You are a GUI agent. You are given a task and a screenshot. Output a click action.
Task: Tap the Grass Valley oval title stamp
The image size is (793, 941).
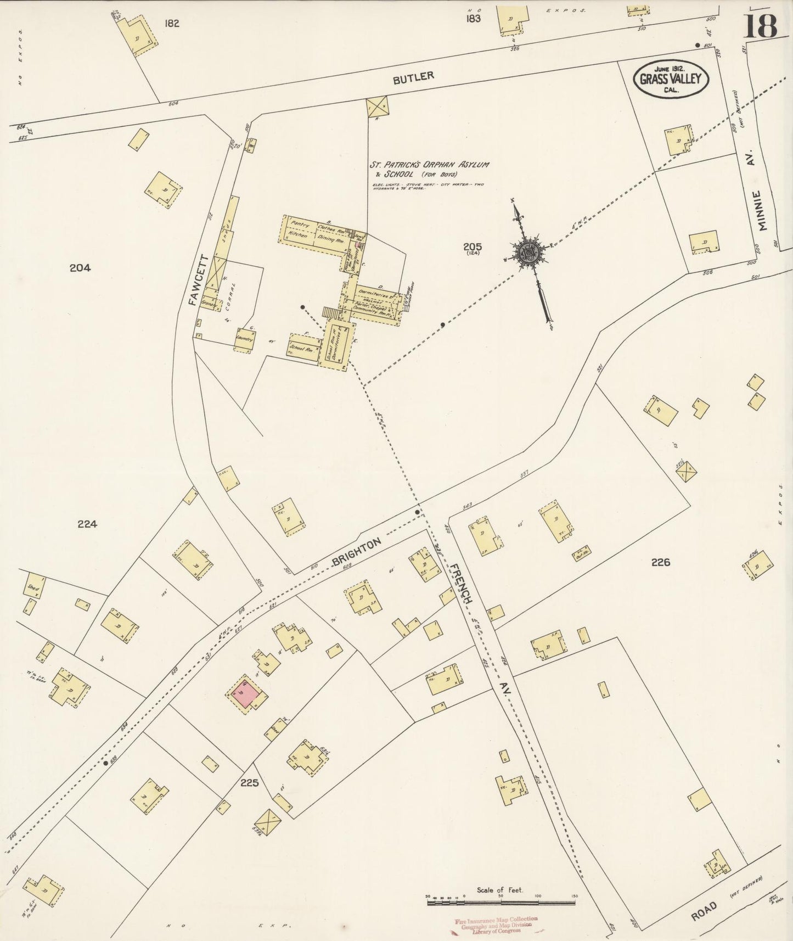point(671,80)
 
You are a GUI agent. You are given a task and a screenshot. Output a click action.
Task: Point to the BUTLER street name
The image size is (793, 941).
point(413,77)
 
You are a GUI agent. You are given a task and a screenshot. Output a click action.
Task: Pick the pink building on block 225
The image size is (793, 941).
point(246,692)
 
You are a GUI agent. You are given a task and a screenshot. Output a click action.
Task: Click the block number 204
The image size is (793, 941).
point(80,268)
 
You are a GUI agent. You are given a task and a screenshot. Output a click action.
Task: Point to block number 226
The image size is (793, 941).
point(661,562)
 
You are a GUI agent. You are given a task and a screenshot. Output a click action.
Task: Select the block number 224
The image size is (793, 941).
point(87,524)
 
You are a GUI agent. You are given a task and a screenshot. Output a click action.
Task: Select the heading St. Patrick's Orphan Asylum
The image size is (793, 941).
point(429,165)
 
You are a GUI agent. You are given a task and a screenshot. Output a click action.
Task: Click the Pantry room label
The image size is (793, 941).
point(301,223)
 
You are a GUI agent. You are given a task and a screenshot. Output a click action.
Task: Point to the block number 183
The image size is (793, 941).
point(473,19)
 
